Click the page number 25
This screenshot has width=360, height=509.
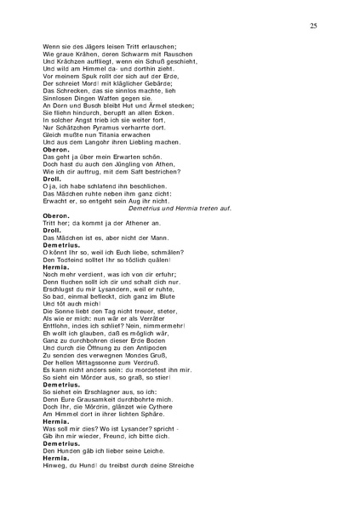313,27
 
